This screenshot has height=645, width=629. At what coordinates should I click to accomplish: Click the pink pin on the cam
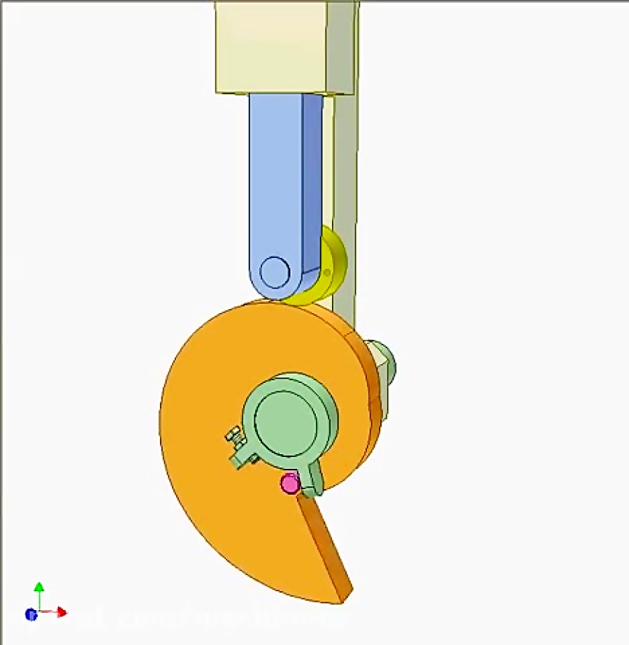point(289,483)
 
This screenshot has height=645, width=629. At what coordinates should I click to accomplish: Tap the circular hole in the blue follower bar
point(274,270)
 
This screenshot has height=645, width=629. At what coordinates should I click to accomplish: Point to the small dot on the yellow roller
point(327,272)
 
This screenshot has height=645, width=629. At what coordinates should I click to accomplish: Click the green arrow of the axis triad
point(39,588)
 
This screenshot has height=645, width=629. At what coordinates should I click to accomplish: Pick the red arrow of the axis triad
point(61,613)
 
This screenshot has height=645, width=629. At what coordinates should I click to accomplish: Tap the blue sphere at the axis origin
point(31,614)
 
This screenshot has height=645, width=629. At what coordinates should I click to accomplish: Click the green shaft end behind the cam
point(384,358)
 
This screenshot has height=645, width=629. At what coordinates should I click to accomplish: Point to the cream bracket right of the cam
point(381,391)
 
